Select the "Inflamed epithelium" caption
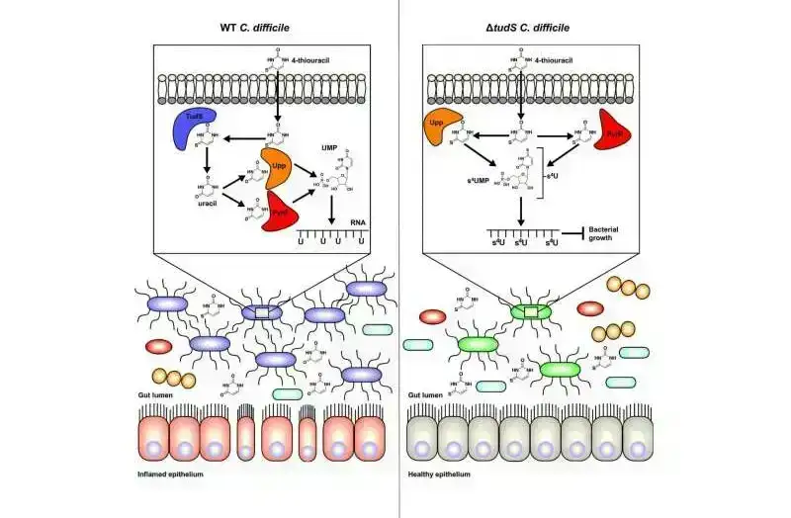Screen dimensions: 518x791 (179, 475)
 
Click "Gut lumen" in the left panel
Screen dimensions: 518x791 (156, 394)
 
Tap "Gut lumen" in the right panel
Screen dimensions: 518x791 (427, 394)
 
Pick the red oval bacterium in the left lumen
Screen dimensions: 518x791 (159, 347)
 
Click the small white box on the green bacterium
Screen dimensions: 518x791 (532, 312)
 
